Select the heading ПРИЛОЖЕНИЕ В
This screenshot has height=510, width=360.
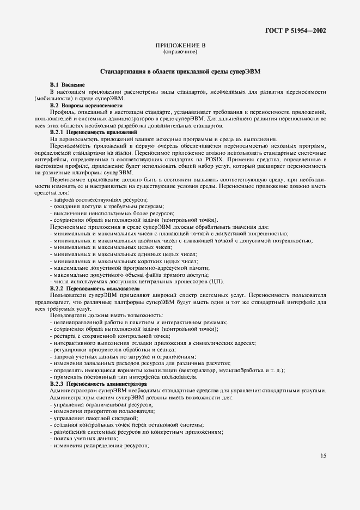pyautogui.click(x=180, y=46)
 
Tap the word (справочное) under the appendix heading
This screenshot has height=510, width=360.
pyautogui.click(x=180, y=52)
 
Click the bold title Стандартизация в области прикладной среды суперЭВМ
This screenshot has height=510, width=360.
pyautogui.click(x=180, y=72)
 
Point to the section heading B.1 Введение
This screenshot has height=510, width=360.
pyautogui.click(x=68, y=86)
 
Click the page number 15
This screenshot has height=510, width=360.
pyautogui.click(x=323, y=456)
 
